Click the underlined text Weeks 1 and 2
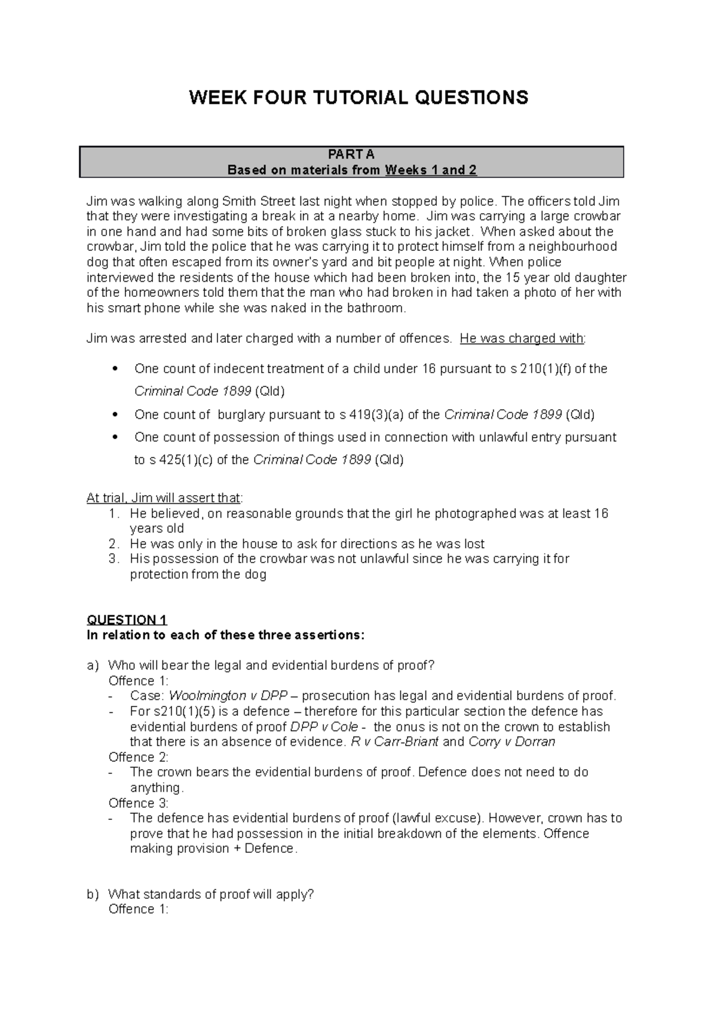tap(431, 170)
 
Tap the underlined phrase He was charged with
tap(522, 339)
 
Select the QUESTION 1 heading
tap(127, 619)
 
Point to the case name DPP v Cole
tap(324, 727)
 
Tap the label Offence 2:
tap(139, 757)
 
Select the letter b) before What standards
tap(92, 895)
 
